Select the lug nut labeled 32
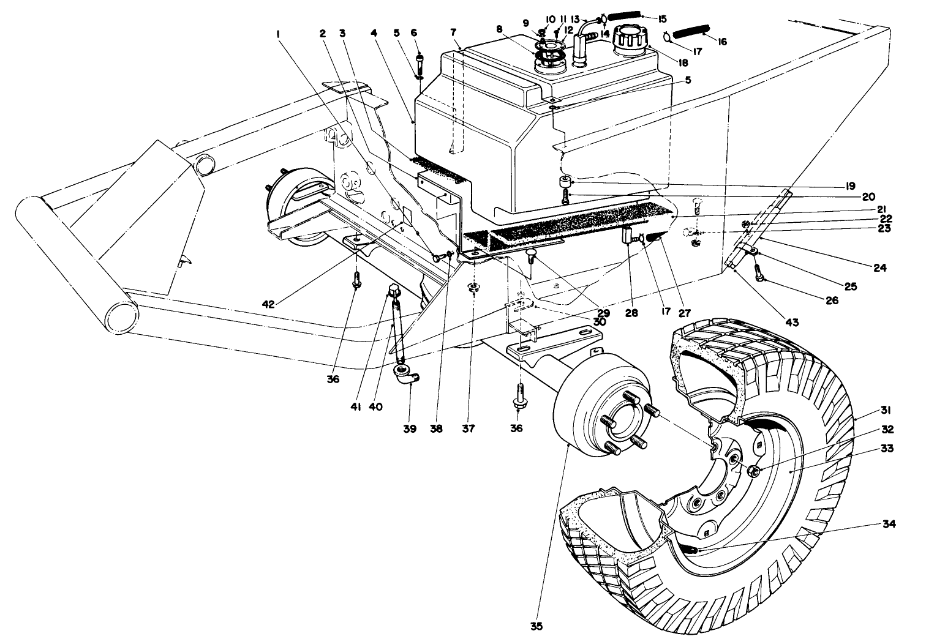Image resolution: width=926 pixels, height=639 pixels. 754,471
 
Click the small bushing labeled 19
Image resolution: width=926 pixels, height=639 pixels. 563,181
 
